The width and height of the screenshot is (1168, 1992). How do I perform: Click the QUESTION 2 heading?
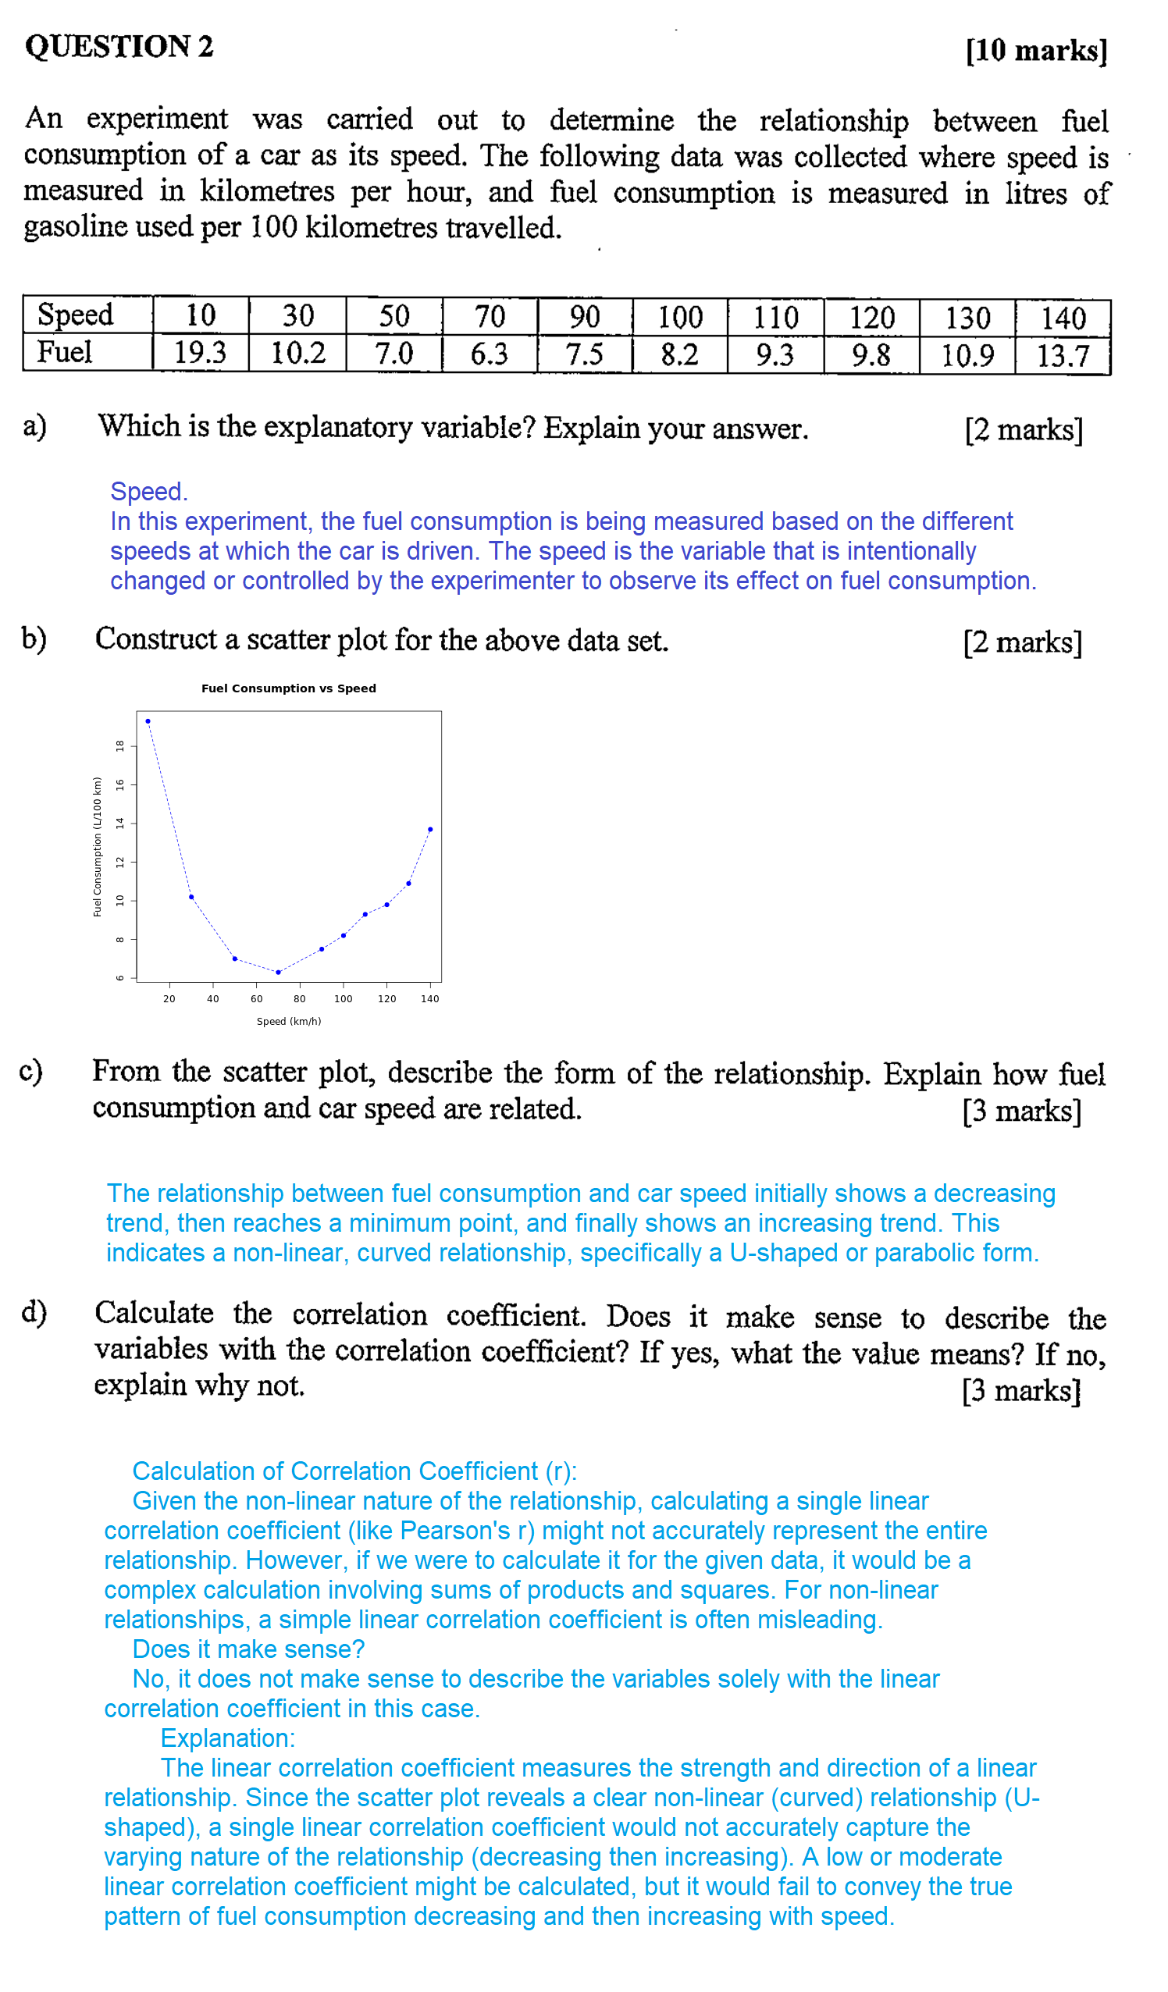coord(119,47)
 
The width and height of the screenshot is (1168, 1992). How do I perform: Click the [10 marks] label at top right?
coord(1036,51)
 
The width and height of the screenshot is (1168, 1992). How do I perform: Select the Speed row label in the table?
coord(76,315)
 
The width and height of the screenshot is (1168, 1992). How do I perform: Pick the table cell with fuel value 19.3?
coord(200,353)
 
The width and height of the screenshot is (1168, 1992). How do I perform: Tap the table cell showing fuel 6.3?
coord(489,354)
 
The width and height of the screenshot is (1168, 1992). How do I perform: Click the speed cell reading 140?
coord(1063,318)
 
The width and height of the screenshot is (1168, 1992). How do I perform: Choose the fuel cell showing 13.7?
coord(1063,356)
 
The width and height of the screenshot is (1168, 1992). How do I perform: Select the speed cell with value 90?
coord(585,317)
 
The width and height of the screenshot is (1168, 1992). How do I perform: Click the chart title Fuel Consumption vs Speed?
coord(289,688)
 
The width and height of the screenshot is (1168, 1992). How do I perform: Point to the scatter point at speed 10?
coord(148,721)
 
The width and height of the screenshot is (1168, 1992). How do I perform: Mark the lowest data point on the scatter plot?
coord(279,973)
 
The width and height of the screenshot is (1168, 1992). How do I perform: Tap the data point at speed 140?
coord(430,829)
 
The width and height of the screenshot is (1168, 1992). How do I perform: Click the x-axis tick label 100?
coord(344,999)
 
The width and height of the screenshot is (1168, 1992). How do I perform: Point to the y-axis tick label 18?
coord(120,745)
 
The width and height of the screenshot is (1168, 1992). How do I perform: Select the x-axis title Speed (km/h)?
coord(289,1021)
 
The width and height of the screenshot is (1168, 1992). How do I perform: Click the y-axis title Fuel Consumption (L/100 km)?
coord(98,847)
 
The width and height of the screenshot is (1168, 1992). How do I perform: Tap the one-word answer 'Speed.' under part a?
coord(148,492)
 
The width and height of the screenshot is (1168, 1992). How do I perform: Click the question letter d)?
coord(34,1312)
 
